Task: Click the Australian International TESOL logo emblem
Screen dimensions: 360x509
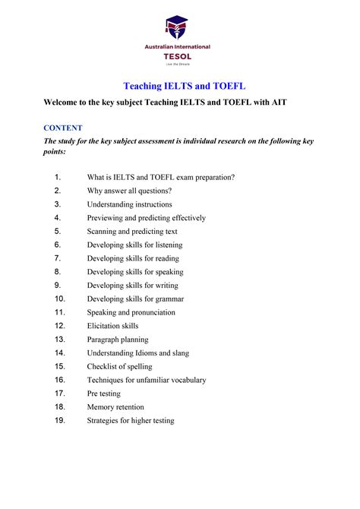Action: [x=177, y=29]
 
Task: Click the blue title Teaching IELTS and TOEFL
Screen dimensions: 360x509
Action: [x=179, y=87]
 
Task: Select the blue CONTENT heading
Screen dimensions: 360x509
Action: [x=63, y=128]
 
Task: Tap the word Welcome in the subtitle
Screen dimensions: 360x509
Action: [x=65, y=103]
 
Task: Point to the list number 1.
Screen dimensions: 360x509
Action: [x=58, y=177]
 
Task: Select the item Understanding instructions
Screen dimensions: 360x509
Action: [x=129, y=204]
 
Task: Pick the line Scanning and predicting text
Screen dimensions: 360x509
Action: [x=132, y=231]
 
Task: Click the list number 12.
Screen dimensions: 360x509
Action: [x=60, y=326]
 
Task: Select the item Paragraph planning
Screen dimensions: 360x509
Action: [x=118, y=340]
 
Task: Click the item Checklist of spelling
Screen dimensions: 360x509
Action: [x=121, y=366]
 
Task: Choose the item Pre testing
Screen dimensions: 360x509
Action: [x=105, y=394]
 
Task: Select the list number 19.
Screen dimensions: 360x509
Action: [x=60, y=420]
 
